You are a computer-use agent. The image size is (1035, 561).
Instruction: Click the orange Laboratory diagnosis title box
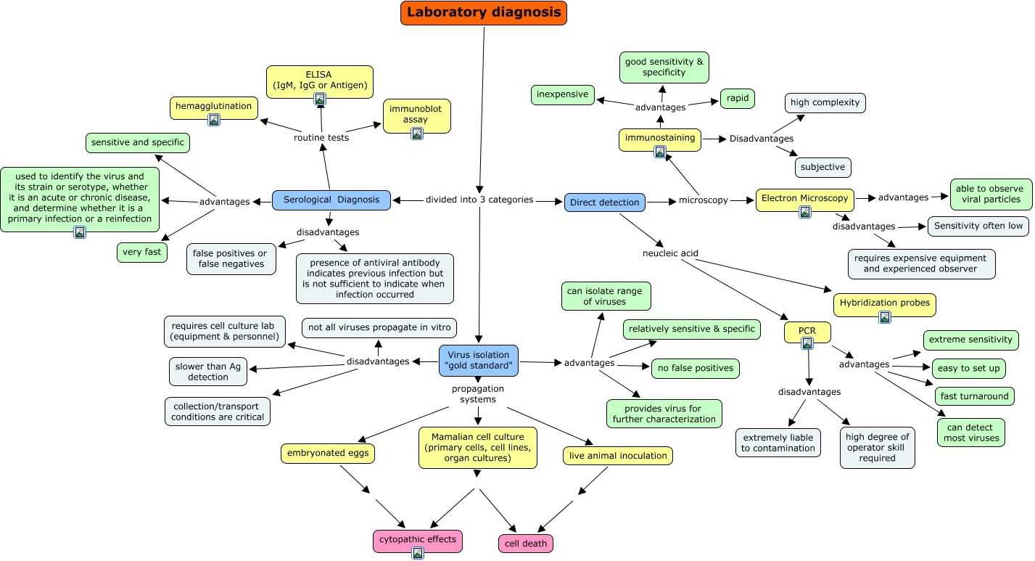pos(483,12)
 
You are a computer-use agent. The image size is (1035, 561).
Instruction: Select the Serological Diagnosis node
pos(331,200)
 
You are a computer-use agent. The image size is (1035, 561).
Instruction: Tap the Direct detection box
pos(604,202)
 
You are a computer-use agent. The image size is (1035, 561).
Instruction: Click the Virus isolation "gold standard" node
pos(478,360)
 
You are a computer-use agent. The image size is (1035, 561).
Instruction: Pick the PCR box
pos(807,332)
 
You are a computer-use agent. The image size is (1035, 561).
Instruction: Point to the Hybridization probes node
pos(884,303)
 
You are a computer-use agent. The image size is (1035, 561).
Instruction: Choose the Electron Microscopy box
pos(804,198)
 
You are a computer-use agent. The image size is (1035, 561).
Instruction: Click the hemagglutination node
pos(213,107)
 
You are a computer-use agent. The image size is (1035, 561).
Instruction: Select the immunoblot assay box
pos(416,114)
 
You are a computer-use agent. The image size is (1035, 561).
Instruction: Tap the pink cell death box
pos(525,544)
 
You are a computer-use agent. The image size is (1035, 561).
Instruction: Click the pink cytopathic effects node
pos(418,539)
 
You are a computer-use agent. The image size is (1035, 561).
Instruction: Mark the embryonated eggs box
pos(328,454)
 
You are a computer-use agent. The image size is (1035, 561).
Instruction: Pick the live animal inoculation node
pos(618,456)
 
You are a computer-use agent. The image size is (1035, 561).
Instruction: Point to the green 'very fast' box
pos(142,253)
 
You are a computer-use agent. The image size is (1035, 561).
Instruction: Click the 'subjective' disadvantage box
pos(822,167)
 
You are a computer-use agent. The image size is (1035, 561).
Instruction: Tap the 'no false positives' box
pos(695,369)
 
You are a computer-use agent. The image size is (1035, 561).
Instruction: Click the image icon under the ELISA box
pos(319,98)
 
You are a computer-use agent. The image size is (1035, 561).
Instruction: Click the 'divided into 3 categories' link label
pos(479,200)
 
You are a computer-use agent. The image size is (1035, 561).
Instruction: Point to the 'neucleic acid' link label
pos(670,253)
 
